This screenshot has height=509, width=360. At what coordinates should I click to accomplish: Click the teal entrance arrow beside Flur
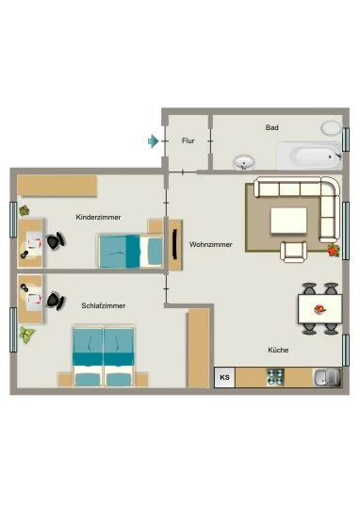(x=154, y=140)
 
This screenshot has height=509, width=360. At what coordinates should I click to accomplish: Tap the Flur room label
(x=188, y=140)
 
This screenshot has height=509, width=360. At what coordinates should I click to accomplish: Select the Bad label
(x=272, y=127)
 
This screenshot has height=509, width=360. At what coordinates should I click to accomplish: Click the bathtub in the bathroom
(x=310, y=156)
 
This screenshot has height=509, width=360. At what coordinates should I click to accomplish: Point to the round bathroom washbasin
(x=244, y=162)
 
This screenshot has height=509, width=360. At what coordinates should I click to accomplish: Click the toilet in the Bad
(x=331, y=128)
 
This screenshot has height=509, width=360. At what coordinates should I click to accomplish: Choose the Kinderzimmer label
(x=98, y=217)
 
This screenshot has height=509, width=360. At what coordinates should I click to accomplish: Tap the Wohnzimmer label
(x=211, y=244)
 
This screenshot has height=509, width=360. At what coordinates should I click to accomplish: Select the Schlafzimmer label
(x=104, y=305)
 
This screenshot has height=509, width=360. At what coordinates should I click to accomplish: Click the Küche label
(x=278, y=350)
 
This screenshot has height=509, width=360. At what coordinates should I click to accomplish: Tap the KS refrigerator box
(x=224, y=378)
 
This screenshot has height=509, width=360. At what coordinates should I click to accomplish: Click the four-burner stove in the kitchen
(x=275, y=378)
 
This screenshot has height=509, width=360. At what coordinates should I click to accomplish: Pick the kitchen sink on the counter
(x=327, y=378)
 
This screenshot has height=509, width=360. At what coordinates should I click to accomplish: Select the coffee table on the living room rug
(x=289, y=221)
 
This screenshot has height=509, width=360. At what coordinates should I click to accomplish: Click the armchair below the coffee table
(x=294, y=252)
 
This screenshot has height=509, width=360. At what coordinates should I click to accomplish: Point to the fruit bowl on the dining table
(x=320, y=309)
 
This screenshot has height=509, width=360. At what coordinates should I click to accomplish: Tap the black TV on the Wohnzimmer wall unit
(x=175, y=244)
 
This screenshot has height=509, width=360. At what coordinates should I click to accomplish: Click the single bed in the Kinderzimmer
(x=130, y=251)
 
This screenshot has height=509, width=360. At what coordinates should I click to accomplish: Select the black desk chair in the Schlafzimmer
(x=56, y=301)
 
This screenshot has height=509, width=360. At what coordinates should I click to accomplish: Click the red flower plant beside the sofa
(x=334, y=251)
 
